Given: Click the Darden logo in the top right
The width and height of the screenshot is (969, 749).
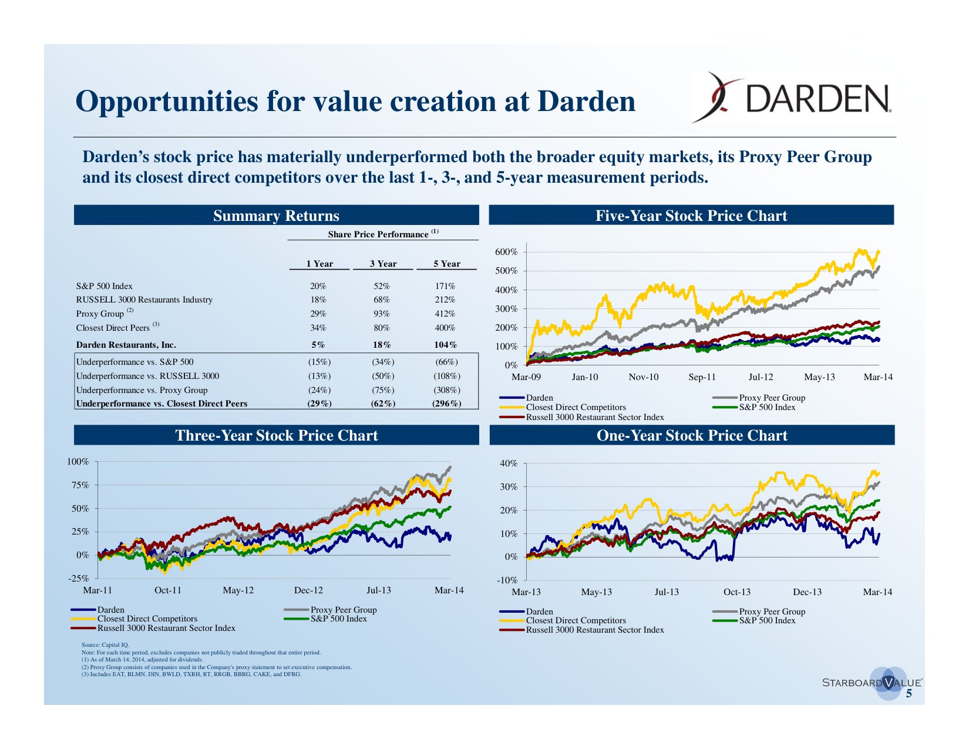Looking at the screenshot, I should click(x=793, y=98).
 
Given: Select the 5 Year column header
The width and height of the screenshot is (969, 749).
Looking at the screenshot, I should click(x=446, y=264).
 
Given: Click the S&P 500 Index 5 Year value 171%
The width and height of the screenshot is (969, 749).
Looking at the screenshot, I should click(x=445, y=286).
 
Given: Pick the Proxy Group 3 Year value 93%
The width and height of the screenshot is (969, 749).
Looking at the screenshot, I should click(x=382, y=314).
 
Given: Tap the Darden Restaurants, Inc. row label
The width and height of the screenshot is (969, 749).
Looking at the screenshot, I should click(x=126, y=345).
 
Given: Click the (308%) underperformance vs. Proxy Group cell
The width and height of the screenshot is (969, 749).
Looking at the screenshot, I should click(x=446, y=390).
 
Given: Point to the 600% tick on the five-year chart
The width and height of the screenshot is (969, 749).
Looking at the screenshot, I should click(x=507, y=252).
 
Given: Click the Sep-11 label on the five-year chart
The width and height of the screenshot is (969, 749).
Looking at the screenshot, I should click(x=702, y=377).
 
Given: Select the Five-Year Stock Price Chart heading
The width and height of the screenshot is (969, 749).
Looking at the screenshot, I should click(x=691, y=216).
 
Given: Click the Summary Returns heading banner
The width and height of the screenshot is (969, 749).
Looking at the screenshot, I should click(x=276, y=216).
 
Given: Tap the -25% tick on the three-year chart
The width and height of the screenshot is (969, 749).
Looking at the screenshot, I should click(x=79, y=579).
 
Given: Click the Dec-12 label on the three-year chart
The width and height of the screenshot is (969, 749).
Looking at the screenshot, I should click(x=308, y=590).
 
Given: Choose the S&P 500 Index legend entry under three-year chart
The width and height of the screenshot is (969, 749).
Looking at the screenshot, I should click(x=338, y=619).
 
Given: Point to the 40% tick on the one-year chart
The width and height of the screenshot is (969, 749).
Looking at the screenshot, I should click(x=509, y=463).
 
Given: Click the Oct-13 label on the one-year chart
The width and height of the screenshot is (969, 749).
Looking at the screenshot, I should click(x=736, y=592).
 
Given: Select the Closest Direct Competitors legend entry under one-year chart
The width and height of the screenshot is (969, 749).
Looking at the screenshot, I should click(x=576, y=620).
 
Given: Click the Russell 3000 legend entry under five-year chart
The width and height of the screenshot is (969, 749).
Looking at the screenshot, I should click(x=594, y=417).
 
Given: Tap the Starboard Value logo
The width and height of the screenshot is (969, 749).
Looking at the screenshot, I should click(x=872, y=683).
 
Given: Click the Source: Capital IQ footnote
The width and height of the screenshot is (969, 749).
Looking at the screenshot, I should click(x=105, y=645).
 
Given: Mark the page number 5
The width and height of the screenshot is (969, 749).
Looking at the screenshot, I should click(x=909, y=694).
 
